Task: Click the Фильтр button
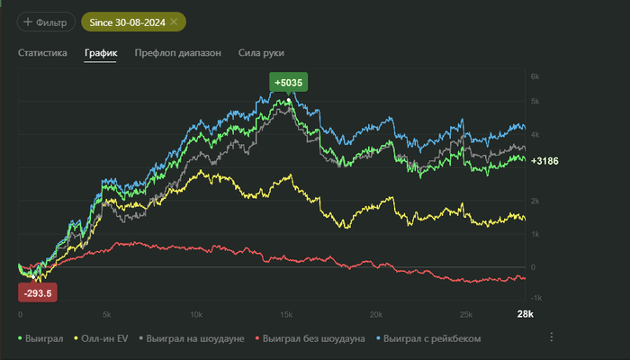tap(45, 21)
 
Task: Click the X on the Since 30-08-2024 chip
tap(174, 21)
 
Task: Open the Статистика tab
tap(42, 53)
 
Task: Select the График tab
tap(101, 53)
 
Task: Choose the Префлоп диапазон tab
tap(177, 53)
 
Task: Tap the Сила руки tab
tap(262, 53)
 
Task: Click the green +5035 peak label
tap(289, 83)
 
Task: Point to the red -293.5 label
tap(39, 292)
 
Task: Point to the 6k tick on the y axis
tap(534, 77)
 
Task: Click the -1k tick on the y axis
tap(534, 298)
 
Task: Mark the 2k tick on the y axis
tap(534, 201)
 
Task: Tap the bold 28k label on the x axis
tap(525, 314)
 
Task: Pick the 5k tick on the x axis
tap(107, 314)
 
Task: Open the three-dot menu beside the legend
tap(552, 337)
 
